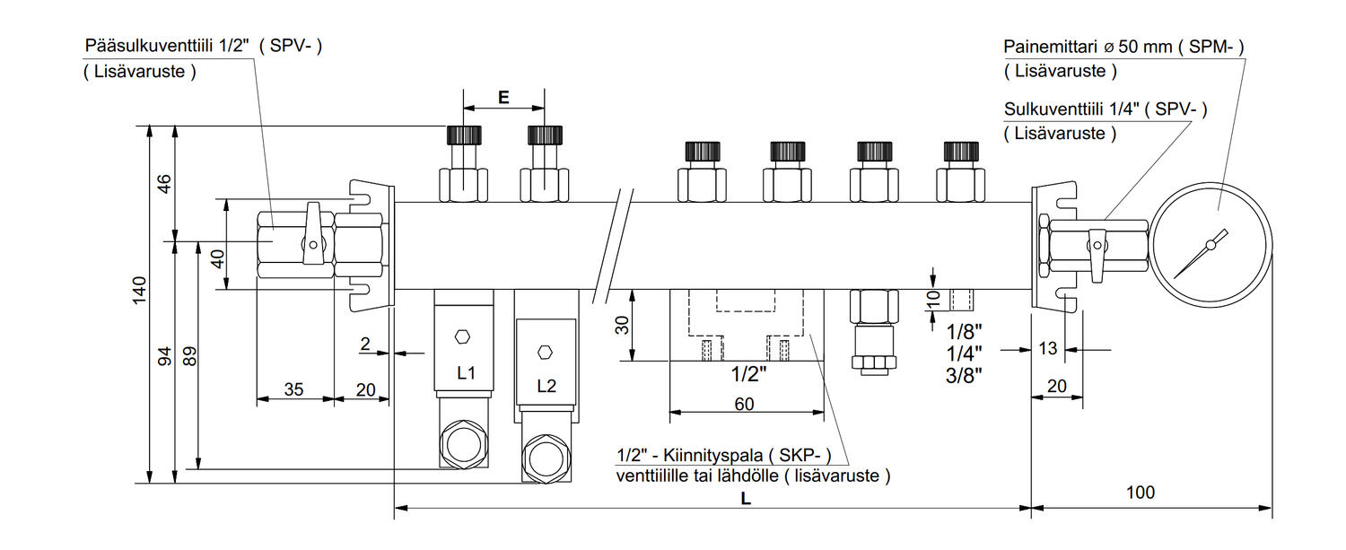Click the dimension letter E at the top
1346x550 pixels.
click(x=503, y=98)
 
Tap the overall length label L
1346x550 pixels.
click(x=745, y=499)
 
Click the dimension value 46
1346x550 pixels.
click(x=163, y=184)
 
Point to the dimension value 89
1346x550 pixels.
click(x=189, y=356)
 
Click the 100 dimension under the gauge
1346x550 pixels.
click(x=1141, y=493)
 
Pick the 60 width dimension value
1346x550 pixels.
click(x=744, y=404)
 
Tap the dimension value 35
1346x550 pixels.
click(x=293, y=389)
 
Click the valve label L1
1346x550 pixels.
click(x=466, y=372)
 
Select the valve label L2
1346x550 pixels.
click(x=546, y=387)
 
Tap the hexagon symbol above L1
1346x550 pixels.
click(x=463, y=336)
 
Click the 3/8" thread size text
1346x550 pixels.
click(x=965, y=375)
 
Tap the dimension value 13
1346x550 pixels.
click(x=1047, y=348)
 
